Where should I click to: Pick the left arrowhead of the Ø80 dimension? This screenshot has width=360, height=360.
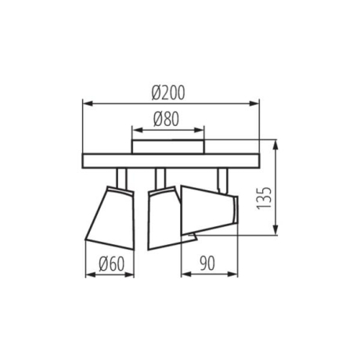pyautogui.click(x=135, y=131)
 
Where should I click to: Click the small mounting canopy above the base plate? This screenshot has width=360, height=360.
pyautogui.click(x=168, y=146)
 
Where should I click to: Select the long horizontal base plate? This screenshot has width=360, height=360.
pyautogui.click(x=169, y=160)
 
